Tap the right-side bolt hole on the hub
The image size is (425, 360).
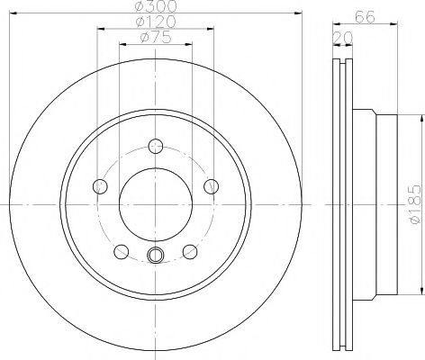[212, 185]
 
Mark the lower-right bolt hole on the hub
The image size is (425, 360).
[190, 249]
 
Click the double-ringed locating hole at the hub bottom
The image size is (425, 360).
[156, 256]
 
